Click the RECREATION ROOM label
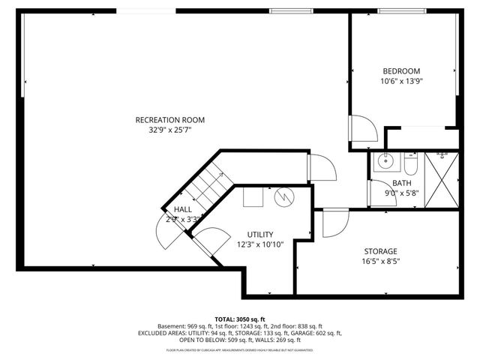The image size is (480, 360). click(169, 120)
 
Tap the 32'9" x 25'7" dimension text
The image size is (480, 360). click(169, 130)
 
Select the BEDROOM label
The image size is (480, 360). click(401, 71)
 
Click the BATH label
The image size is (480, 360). click(402, 183)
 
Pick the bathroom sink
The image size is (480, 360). click(387, 160)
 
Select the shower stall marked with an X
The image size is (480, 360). click(441, 178)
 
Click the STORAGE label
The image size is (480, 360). click(380, 251)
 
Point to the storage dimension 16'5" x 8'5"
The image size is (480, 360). click(380, 262)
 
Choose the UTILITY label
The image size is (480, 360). click(259, 234)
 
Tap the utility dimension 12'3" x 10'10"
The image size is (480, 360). click(259, 244)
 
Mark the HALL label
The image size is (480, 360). click(183, 209)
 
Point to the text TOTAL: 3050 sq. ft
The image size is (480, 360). click(240, 319)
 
